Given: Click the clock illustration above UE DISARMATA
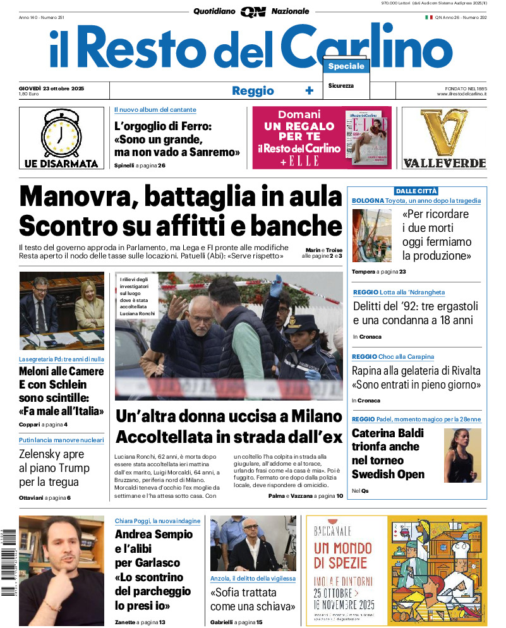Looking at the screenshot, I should pyautogui.click(x=61, y=132).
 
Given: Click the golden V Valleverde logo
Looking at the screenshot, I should pyautogui.click(x=444, y=133).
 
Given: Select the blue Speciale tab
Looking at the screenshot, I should pyautogui.click(x=346, y=66).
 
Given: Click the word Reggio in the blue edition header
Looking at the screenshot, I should pyautogui.click(x=253, y=91).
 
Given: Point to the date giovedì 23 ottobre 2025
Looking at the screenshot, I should pyautogui.click(x=52, y=88).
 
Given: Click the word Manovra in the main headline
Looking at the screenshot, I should pyautogui.click(x=73, y=196).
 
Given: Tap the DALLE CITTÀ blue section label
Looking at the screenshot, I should pyautogui.click(x=416, y=191).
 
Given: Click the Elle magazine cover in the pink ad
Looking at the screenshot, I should pyautogui.click(x=366, y=137).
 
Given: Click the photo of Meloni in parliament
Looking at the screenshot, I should pyautogui.click(x=61, y=311).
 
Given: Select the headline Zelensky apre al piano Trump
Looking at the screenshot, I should pyautogui.click(x=54, y=468).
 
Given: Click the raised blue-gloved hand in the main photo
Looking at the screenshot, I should pyautogui.click(x=275, y=286).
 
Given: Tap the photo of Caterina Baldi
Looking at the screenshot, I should pyautogui.click(x=462, y=456).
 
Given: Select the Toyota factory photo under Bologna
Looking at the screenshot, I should pyautogui.click(x=371, y=236).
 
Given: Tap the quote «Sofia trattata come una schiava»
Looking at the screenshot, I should pyautogui.click(x=253, y=600).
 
